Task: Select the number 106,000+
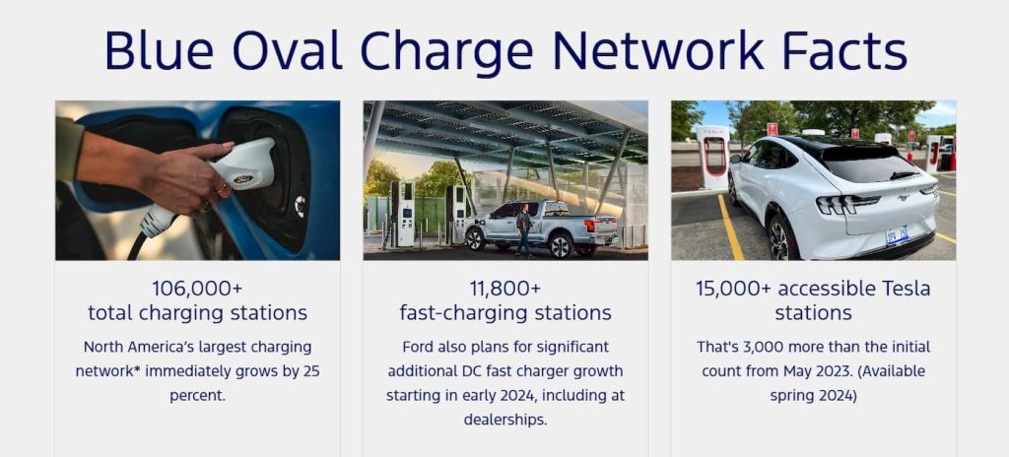pyautogui.click(x=197, y=288)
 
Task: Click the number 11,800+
pyautogui.click(x=505, y=288)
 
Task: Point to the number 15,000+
pyautogui.click(x=733, y=288)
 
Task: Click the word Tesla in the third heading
pyautogui.click(x=905, y=289)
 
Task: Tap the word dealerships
pyautogui.click(x=505, y=421)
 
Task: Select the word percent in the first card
pyautogui.click(x=197, y=396)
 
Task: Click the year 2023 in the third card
pyautogui.click(x=819, y=371)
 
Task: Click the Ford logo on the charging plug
pyautogui.click(x=242, y=178)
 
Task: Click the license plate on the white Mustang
pyautogui.click(x=897, y=235)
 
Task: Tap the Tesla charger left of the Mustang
pyautogui.click(x=713, y=157)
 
